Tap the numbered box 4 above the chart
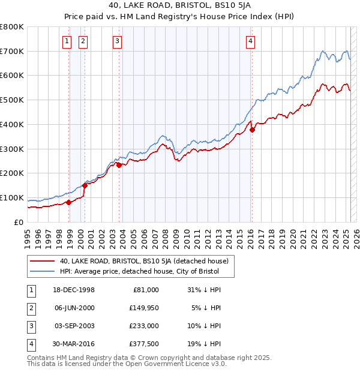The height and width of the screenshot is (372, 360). [250, 41]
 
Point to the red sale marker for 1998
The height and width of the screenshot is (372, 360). [69, 202]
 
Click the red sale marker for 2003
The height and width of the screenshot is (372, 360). [119, 165]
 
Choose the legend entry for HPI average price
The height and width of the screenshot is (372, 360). [140, 272]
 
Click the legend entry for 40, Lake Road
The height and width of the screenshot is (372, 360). [144, 261]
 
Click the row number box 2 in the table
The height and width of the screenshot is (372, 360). [30, 308]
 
